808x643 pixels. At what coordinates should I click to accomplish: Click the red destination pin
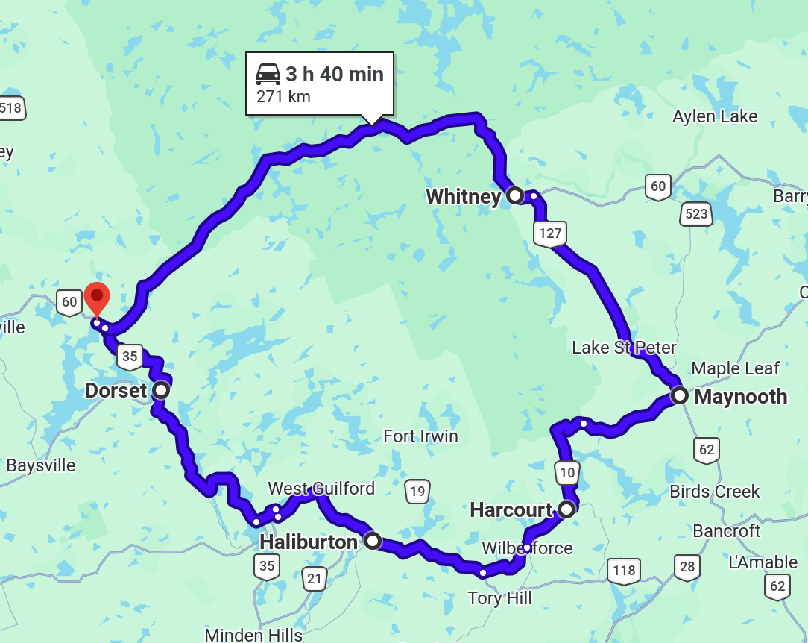coord(97,298)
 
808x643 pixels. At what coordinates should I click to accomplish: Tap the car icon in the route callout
coord(268,74)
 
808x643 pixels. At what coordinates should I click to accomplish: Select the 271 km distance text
coord(283,97)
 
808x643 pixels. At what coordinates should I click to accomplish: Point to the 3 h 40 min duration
coord(335,74)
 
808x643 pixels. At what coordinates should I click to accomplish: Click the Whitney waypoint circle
coord(515,195)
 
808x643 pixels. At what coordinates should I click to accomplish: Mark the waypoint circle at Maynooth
coord(679,395)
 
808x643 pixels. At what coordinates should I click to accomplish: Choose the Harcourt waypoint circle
coord(566,509)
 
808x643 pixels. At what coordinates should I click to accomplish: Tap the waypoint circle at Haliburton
coord(372,541)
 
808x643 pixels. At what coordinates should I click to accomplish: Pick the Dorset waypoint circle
coord(160,389)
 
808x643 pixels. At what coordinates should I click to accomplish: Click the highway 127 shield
coord(550,233)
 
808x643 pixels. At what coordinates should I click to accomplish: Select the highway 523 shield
coord(695,214)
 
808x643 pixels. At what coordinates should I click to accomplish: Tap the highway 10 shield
coord(566,471)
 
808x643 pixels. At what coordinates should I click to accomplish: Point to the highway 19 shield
coord(417,491)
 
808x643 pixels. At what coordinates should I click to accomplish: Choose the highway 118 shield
coord(623,571)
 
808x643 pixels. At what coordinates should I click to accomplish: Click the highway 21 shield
coord(315,577)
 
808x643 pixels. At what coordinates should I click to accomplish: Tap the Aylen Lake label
coord(715,116)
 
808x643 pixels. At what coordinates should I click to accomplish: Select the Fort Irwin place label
coord(420,436)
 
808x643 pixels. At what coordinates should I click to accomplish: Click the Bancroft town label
coord(727,531)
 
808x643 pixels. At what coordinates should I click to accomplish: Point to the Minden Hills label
coord(253,635)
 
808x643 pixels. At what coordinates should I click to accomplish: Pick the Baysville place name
coord(41,465)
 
